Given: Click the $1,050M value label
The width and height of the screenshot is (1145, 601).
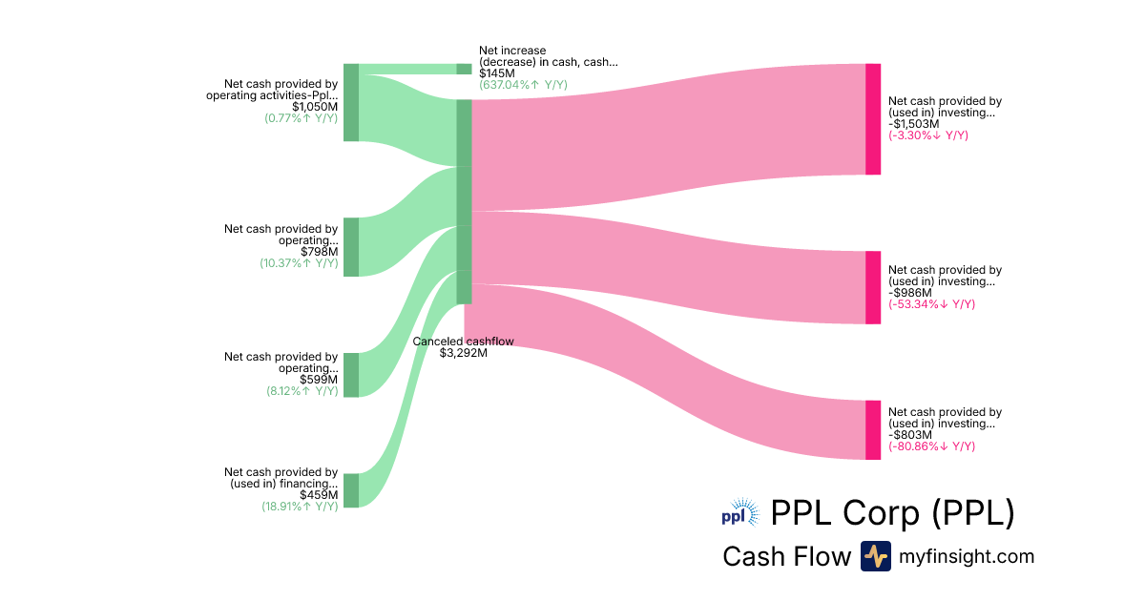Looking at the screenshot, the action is point(315,107).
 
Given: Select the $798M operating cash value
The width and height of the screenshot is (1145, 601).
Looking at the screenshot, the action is point(319,252).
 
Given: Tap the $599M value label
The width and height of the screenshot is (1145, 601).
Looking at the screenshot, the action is point(319,379).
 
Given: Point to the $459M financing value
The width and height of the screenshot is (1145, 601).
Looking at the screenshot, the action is point(319,495).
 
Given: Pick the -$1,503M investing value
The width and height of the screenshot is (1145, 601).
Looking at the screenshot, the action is point(914,124).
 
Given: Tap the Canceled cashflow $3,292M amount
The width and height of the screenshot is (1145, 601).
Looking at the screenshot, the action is point(464,353).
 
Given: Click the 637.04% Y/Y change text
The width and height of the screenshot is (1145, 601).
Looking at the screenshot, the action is point(523,84).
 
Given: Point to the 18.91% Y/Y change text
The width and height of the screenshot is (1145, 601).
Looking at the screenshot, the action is point(300,507).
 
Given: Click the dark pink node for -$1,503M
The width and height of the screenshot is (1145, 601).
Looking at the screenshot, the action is point(873,119).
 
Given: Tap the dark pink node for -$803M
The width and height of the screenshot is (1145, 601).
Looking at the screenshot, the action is point(873,430).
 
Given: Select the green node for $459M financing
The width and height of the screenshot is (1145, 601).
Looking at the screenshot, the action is point(351,490).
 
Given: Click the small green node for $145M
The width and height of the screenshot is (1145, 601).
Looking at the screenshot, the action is point(464,69).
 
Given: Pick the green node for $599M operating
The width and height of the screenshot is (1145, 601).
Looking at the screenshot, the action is point(351,375).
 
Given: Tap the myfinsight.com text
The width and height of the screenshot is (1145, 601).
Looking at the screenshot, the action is point(967,556).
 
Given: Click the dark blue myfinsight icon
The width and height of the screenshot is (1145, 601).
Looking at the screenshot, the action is point(875,556).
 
